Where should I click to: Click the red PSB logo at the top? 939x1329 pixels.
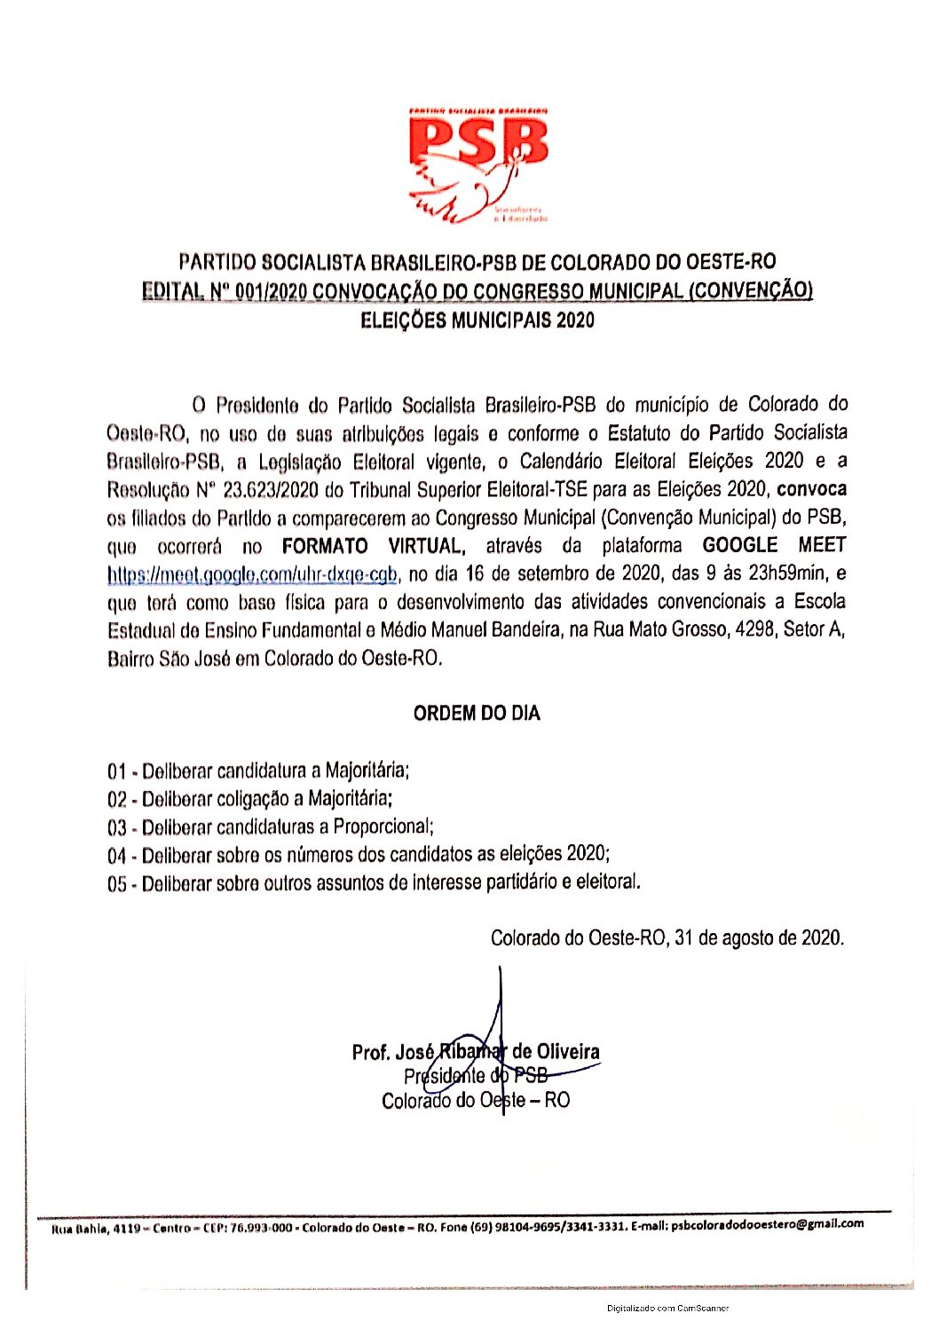(x=477, y=165)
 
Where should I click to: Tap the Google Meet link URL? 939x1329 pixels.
(x=252, y=574)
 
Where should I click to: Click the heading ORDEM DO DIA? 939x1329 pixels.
(x=477, y=714)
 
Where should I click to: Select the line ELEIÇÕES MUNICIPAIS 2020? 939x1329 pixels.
(x=477, y=320)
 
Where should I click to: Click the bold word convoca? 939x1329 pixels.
(x=811, y=489)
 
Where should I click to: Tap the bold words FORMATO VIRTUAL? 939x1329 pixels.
(x=372, y=546)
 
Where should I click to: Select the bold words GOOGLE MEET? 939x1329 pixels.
(x=774, y=545)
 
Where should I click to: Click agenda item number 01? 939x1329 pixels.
(x=116, y=771)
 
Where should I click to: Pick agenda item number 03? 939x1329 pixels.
(x=116, y=827)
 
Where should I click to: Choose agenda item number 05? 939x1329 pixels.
(x=116, y=884)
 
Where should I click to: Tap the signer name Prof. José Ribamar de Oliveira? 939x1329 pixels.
(x=476, y=1053)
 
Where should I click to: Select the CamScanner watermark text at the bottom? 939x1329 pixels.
(x=667, y=1308)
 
